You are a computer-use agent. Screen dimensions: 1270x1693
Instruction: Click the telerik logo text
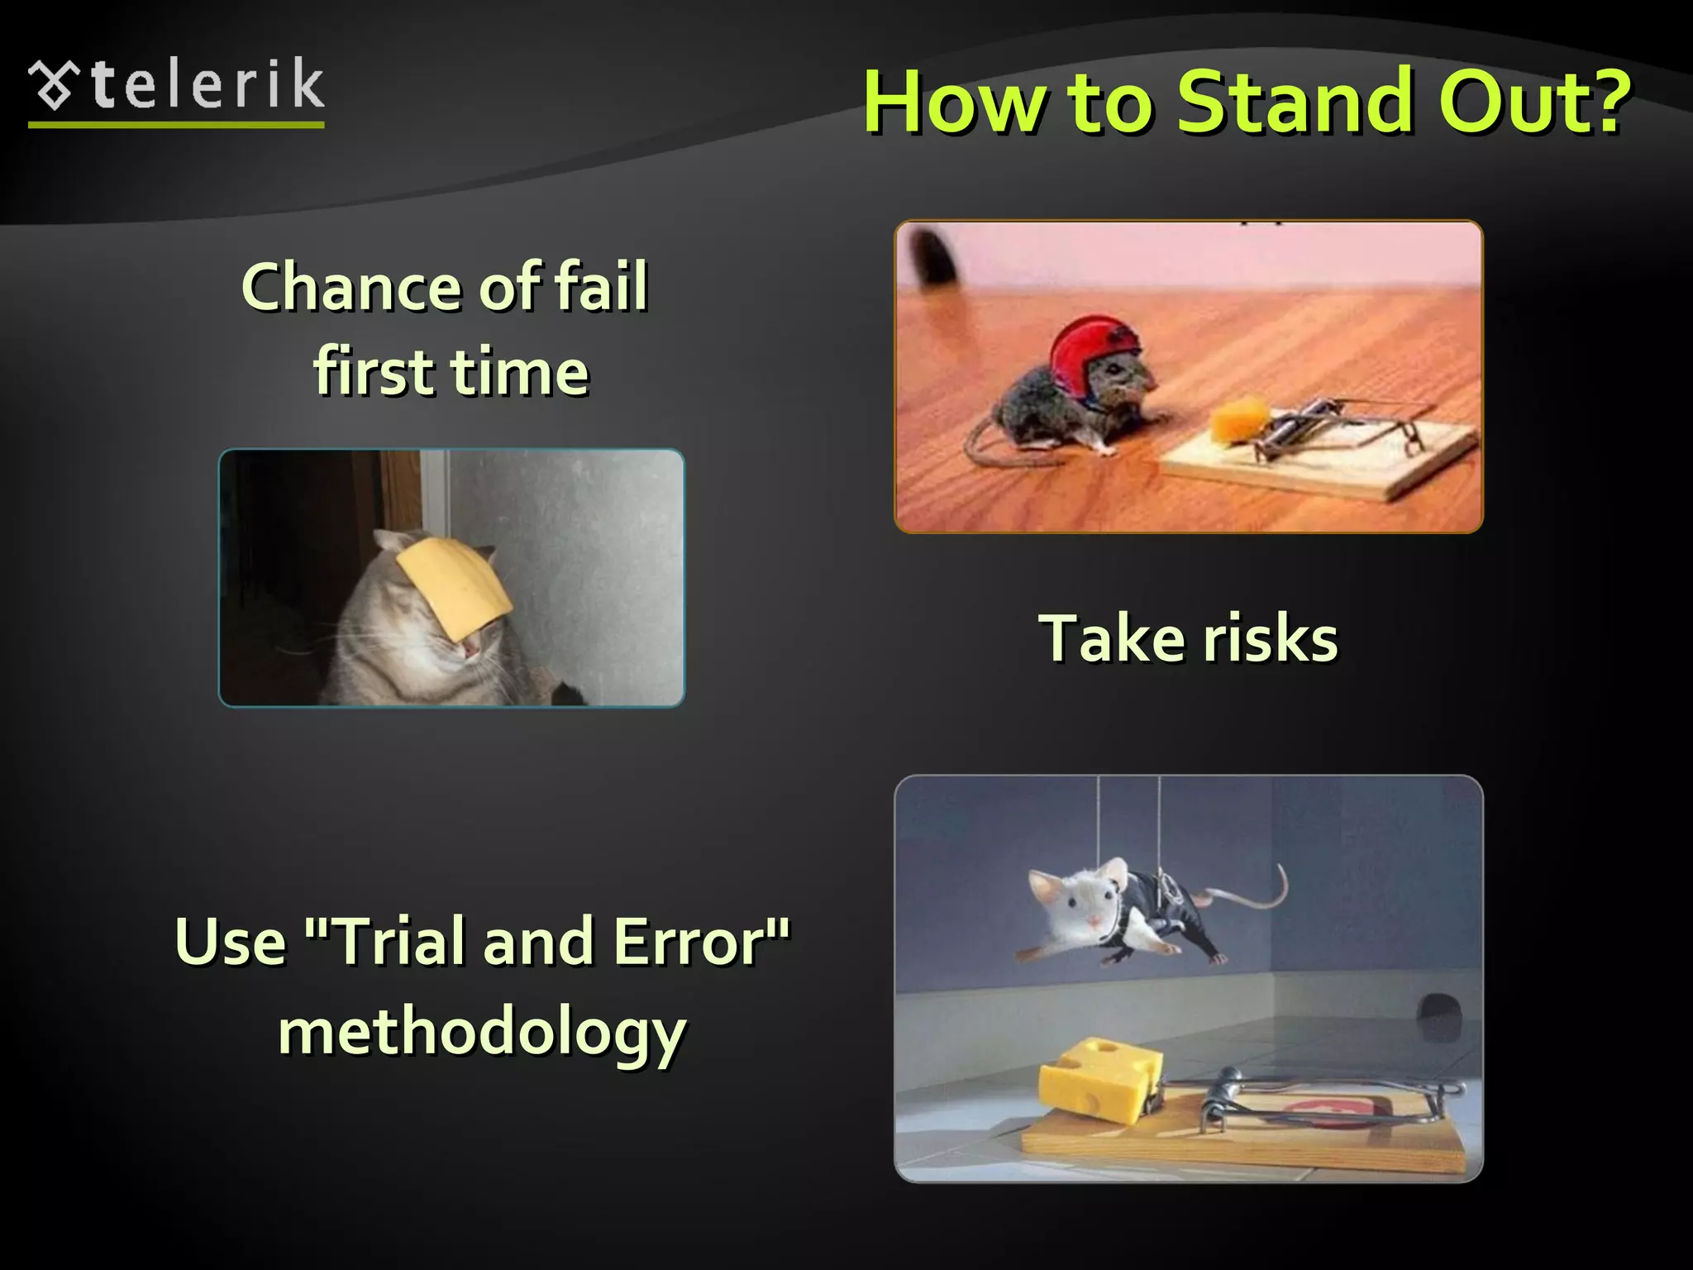pos(207,86)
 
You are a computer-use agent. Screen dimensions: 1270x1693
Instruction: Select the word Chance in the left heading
pos(352,288)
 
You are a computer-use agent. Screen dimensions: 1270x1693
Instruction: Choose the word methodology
pos(482,1034)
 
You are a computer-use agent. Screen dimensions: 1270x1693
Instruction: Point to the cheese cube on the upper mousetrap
pos(1238,420)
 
